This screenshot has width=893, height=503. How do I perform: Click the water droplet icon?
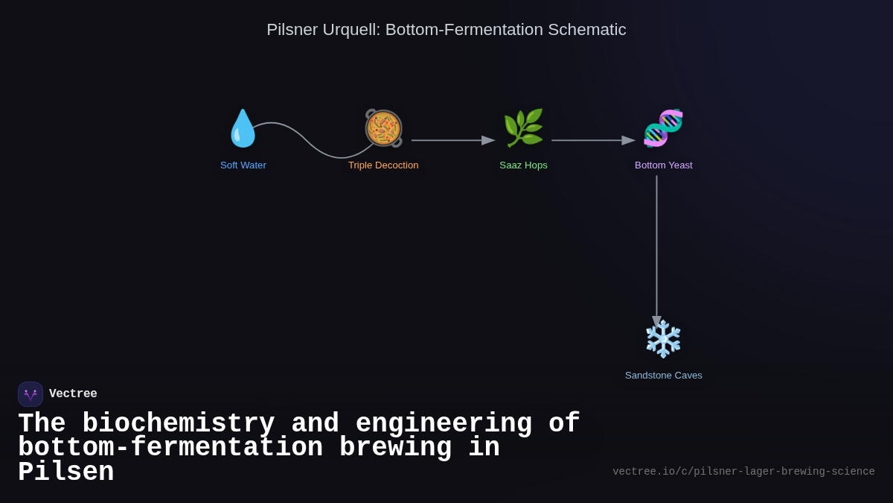pyautogui.click(x=243, y=128)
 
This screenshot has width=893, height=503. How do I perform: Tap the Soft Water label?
pyautogui.click(x=243, y=165)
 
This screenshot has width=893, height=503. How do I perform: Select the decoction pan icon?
pyautogui.click(x=383, y=128)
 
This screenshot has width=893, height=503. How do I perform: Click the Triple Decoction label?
pyautogui.click(x=383, y=165)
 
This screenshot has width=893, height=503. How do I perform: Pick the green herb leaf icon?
pyautogui.click(x=523, y=128)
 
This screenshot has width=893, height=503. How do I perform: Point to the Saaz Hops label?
pyautogui.click(x=523, y=165)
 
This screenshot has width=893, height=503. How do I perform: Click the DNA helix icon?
pyautogui.click(x=663, y=128)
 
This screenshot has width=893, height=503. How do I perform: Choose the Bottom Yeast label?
pyautogui.click(x=663, y=165)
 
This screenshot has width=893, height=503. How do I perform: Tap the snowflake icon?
pyautogui.click(x=663, y=339)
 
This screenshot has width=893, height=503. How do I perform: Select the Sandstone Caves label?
pyautogui.click(x=663, y=376)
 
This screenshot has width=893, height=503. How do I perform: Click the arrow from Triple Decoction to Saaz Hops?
pyautogui.click(x=452, y=140)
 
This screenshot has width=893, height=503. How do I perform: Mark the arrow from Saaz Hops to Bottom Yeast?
pyautogui.click(x=592, y=140)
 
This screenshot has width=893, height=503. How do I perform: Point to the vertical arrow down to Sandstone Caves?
pyautogui.click(x=656, y=246)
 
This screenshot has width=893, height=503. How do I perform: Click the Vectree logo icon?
pyautogui.click(x=31, y=394)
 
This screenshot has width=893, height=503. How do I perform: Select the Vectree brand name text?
pyautogui.click(x=73, y=394)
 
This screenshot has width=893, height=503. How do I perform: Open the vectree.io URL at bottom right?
pyautogui.click(x=743, y=472)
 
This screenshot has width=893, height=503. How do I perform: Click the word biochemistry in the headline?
pyautogui.click(x=178, y=423)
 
